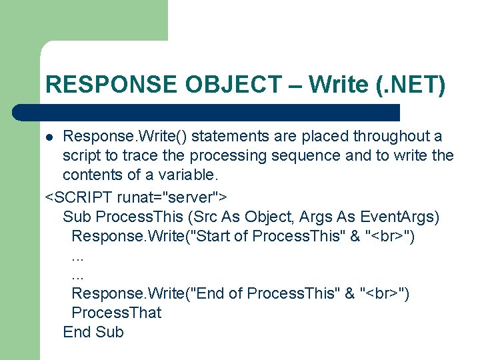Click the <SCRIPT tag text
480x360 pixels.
pos(79,197)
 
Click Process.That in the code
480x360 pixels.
pos(116,313)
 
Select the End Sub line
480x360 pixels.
pos(93,332)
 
